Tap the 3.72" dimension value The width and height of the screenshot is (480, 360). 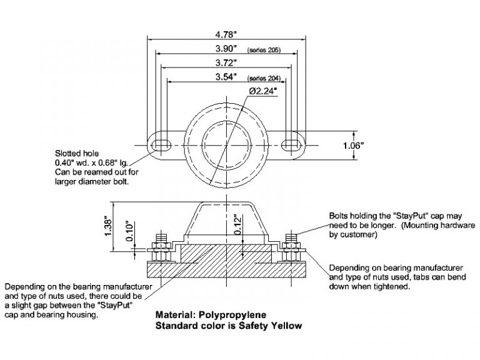[x=224, y=62]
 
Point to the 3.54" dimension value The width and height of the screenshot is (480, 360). [x=223, y=77]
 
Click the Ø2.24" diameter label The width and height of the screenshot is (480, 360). [x=263, y=91]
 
